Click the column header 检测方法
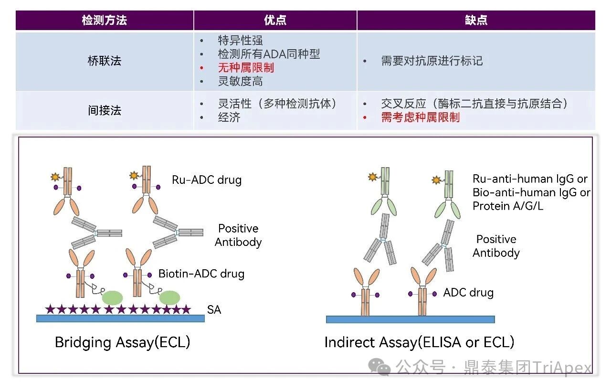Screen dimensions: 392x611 pos(104,21)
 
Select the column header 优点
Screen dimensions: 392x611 pos(275,21)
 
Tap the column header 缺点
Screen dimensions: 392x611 pos(476,21)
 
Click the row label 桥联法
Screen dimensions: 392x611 pos(104,61)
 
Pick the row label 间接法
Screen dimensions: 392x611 pos(104,110)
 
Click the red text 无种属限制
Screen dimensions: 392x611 pos(246,68)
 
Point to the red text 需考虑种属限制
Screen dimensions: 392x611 pos(420,117)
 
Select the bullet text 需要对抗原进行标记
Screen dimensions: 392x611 pos(432,61)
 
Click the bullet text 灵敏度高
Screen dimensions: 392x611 pos(240,81)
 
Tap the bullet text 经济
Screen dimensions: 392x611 pos(229,117)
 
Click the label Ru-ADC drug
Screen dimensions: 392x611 pos(207,180)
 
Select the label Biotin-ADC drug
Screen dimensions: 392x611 pos(201,274)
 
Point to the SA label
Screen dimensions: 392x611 pos(214,309)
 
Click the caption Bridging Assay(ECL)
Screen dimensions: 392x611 pos(123,342)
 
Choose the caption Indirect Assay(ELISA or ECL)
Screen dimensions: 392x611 pos(419,342)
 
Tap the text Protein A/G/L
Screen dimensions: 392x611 pos(508,206)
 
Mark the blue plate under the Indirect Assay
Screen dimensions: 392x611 pos(410,319)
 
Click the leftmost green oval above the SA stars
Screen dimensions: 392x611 pos(112,297)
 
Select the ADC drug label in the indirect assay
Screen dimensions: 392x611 pos(468,292)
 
